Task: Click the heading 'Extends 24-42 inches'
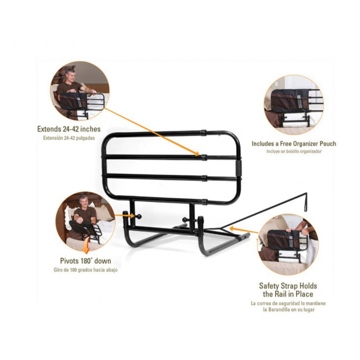click(x=69, y=129)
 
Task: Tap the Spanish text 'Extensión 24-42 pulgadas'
click(x=69, y=138)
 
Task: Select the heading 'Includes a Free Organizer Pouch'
click(x=294, y=144)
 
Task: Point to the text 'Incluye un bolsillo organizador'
click(x=294, y=152)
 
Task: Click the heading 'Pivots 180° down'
click(x=85, y=261)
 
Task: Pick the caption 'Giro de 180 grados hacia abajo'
click(x=85, y=270)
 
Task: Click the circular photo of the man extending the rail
click(x=80, y=91)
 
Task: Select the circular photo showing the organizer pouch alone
click(x=293, y=104)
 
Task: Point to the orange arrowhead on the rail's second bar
click(x=197, y=154)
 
